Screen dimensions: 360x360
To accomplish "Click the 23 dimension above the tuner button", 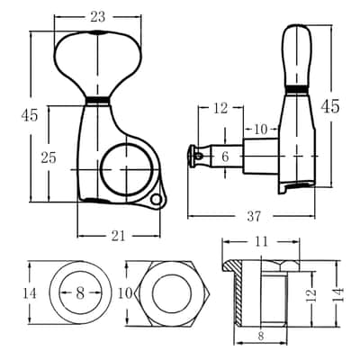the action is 98,17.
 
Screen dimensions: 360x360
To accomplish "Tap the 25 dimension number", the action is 49,157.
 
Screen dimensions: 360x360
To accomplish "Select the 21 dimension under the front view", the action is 118,237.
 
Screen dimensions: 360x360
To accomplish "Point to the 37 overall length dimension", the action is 254,216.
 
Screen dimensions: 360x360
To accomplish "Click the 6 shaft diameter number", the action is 225,157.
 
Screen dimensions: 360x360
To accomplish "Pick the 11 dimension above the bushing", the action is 261,241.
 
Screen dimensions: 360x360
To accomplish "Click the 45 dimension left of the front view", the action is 30,115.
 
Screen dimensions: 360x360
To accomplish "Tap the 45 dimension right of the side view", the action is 330,106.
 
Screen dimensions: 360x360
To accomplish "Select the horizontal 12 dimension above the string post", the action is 220,108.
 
